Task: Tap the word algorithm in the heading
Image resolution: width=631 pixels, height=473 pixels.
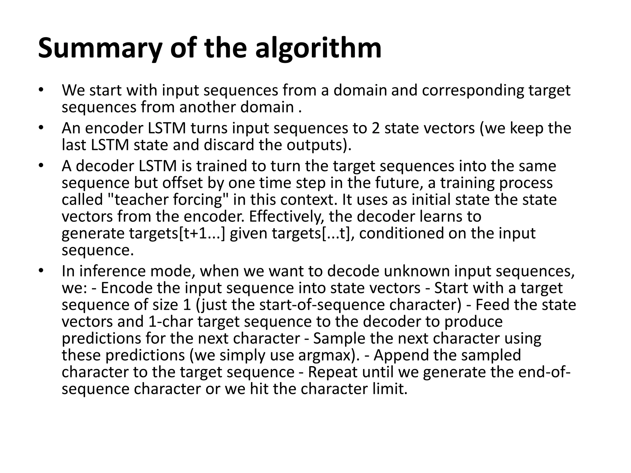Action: (x=319, y=49)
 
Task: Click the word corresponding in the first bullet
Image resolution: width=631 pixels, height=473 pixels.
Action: (x=473, y=90)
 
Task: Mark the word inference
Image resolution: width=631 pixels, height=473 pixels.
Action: (x=111, y=271)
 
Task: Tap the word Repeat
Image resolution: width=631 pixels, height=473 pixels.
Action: (x=333, y=372)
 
